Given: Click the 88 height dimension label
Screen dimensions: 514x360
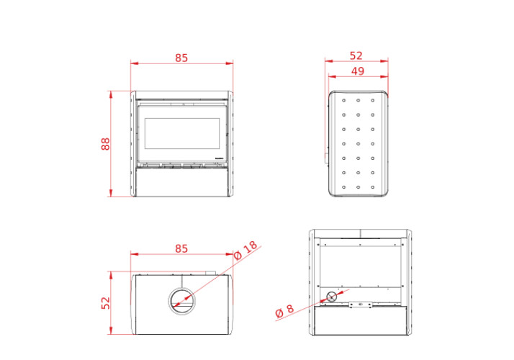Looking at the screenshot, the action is pyautogui.click(x=106, y=144).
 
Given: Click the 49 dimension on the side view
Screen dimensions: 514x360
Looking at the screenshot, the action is pyautogui.click(x=358, y=71).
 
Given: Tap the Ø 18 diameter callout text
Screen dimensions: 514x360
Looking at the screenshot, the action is pyautogui.click(x=245, y=250).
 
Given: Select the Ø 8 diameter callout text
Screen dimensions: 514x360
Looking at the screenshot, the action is pyautogui.click(x=284, y=311).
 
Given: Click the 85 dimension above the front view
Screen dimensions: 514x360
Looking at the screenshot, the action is pyautogui.click(x=181, y=58).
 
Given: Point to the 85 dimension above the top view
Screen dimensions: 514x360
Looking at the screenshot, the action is pyautogui.click(x=181, y=248).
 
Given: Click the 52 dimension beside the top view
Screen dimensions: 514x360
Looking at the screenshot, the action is pyautogui.click(x=106, y=303).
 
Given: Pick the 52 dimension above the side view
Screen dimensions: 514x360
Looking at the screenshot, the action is pyautogui.click(x=356, y=55).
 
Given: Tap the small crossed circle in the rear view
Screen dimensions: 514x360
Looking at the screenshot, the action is pyautogui.click(x=331, y=297).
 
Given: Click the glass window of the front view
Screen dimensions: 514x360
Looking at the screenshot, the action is pyautogui.click(x=182, y=133).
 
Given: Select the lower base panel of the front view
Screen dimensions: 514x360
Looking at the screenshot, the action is pyautogui.click(x=182, y=182).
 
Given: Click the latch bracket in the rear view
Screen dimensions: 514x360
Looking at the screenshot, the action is pyautogui.click(x=360, y=305).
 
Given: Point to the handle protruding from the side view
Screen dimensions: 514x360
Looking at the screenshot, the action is pyautogui.click(x=326, y=158).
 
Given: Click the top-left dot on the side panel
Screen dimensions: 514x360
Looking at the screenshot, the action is pyautogui.click(x=343, y=101).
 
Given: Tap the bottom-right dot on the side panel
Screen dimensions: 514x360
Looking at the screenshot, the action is pyautogui.click(x=372, y=187).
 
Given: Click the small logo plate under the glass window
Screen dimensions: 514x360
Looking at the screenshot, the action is pyautogui.click(x=219, y=158).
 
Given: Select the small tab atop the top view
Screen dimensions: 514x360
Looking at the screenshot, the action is pyautogui.click(x=210, y=272).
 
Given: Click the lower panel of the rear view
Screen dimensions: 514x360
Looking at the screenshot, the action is pyautogui.click(x=360, y=320).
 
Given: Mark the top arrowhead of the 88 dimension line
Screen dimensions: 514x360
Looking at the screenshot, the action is pyautogui.click(x=111, y=94).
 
